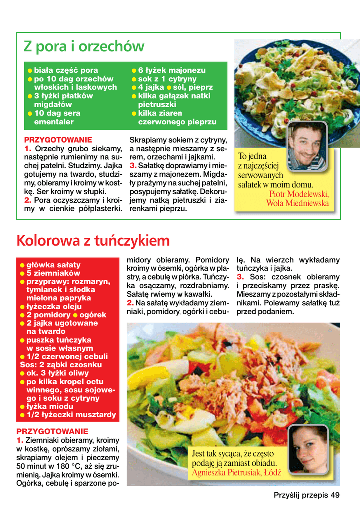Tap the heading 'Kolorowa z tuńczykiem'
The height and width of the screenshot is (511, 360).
pyautogui.click(x=93, y=241)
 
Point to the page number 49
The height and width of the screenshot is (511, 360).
pyautogui.click(x=335, y=495)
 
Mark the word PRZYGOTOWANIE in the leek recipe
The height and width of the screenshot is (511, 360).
pyautogui.click(x=58, y=140)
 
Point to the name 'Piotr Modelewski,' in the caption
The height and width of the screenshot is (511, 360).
pyautogui.click(x=299, y=194)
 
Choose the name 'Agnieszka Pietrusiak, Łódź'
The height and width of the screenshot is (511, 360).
pyautogui.click(x=236, y=472)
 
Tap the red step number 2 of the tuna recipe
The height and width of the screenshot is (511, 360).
pyautogui.click(x=130, y=302)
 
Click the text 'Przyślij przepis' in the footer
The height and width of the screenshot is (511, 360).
pyautogui.click(x=301, y=495)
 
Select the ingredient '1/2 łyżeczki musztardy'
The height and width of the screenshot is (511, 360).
pyautogui.click(x=71, y=415)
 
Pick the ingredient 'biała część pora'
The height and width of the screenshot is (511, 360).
pyautogui.click(x=66, y=70)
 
